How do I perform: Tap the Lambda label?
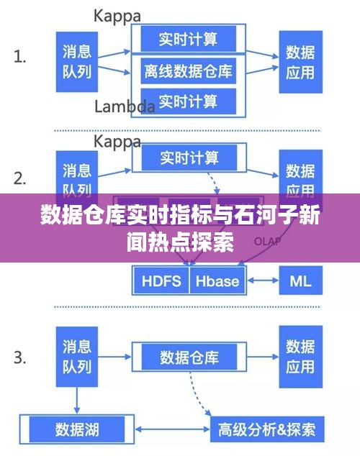click(x=125, y=106)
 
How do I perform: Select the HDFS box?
click(x=161, y=280)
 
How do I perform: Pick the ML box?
click(x=300, y=280)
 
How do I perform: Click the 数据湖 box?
click(x=77, y=430)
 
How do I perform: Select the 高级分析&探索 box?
click(x=266, y=430)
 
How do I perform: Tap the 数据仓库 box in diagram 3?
click(x=189, y=357)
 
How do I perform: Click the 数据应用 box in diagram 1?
click(x=300, y=63)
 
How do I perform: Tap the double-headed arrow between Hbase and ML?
click(x=261, y=280)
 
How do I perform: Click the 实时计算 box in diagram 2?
click(x=189, y=156)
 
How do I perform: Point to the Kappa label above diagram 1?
click(x=117, y=14)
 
